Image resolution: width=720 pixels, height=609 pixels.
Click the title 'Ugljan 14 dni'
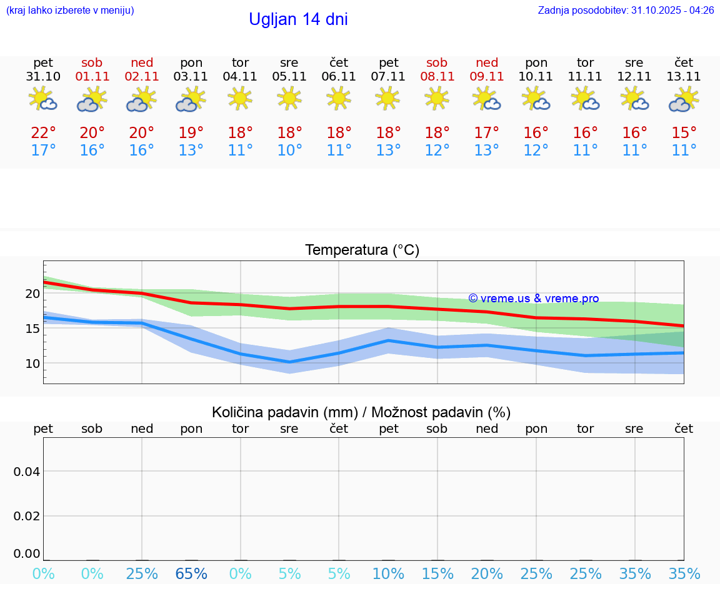point(298,19)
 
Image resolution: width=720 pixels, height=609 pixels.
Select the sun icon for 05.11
point(289,98)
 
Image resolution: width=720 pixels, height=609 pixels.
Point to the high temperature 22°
point(43,133)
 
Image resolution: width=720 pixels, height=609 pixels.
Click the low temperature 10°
point(289,151)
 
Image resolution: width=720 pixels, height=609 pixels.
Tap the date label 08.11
point(437,77)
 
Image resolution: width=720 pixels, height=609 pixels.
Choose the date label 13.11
point(684,77)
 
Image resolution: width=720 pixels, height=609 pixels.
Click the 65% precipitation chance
point(191,573)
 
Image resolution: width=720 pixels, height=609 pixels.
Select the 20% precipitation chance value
point(487,573)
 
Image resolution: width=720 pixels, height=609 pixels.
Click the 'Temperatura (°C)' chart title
point(362,250)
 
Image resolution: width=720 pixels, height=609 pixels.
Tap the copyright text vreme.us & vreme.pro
point(534,299)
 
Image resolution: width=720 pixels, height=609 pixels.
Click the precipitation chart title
point(361,412)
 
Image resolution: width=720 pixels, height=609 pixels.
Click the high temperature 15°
point(684,133)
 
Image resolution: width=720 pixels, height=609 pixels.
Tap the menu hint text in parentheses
point(70,10)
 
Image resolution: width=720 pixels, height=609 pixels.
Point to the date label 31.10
point(43,77)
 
